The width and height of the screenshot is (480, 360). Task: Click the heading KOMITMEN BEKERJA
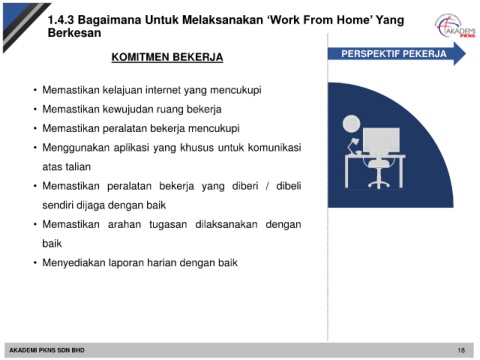pyautogui.click(x=167, y=57)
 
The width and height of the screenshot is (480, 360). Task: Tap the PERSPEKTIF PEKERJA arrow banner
pyautogui.click(x=397, y=54)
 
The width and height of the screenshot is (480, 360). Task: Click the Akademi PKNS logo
pyautogui.click(x=455, y=26)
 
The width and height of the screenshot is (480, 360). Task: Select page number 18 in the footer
pyautogui.click(x=461, y=350)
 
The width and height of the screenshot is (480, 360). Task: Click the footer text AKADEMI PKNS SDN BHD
pyautogui.click(x=47, y=350)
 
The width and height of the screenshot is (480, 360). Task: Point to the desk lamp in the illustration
pyautogui.click(x=353, y=146)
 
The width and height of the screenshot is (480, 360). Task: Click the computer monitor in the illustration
pyautogui.click(x=381, y=142)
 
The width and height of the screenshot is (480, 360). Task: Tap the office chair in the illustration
pyautogui.click(x=379, y=173)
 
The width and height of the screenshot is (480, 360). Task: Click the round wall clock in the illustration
pyautogui.click(x=351, y=123)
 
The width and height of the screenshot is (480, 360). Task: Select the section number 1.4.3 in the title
pyautogui.click(x=61, y=20)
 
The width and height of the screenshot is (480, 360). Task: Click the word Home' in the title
pyautogui.click(x=355, y=20)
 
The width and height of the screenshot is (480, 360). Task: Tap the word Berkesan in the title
pyautogui.click(x=74, y=33)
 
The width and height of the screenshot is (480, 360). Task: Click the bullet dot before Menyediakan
pyautogui.click(x=35, y=263)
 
